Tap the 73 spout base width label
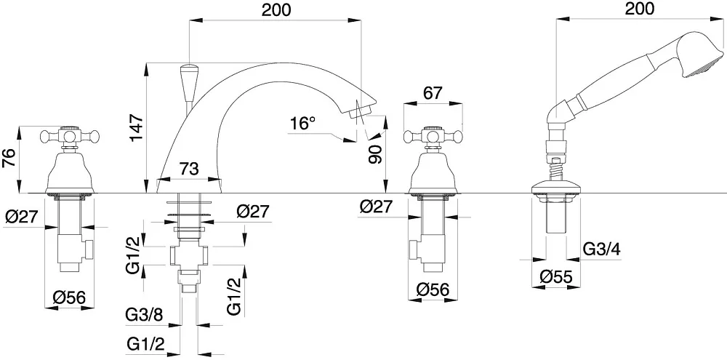click(x=189, y=169)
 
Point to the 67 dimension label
click(x=433, y=93)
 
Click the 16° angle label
click(x=302, y=124)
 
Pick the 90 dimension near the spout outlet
click(x=375, y=153)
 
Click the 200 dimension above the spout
click(x=276, y=9)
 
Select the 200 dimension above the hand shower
click(x=639, y=8)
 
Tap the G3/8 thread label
click(x=144, y=316)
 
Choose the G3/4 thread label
click(x=601, y=249)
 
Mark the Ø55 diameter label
click(x=556, y=277)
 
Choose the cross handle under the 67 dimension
click(x=433, y=136)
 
